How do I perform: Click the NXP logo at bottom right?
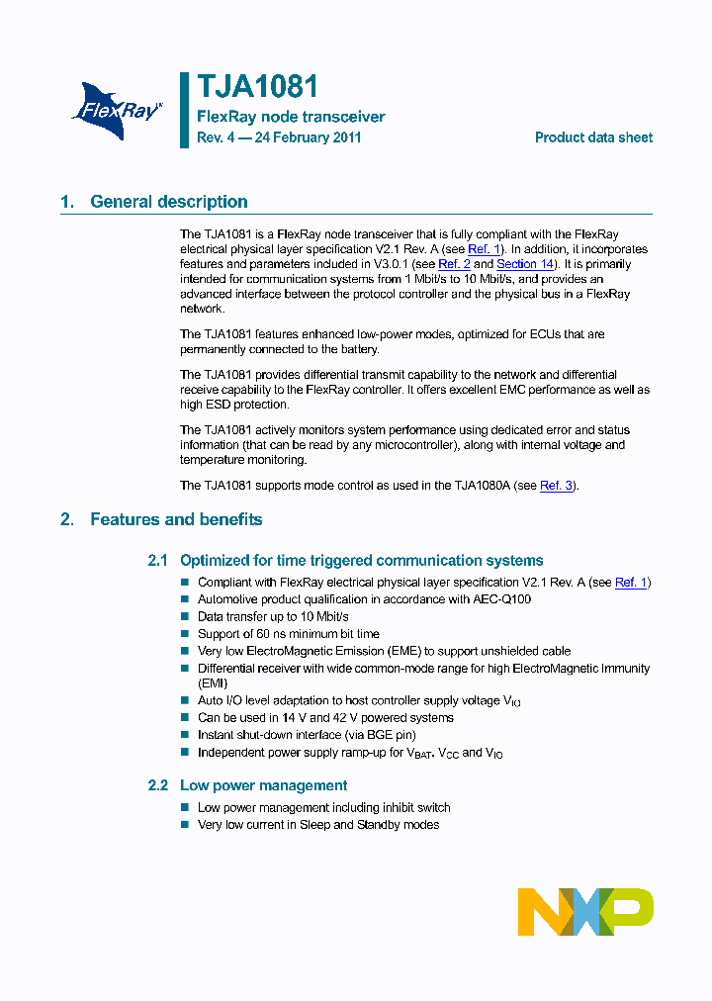point(585,911)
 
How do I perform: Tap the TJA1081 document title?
point(257,87)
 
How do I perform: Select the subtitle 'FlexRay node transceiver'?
point(291,117)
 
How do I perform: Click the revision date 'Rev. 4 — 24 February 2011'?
point(279,137)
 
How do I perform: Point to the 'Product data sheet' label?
point(593,137)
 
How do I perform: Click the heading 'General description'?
point(169,202)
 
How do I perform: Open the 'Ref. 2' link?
point(454,264)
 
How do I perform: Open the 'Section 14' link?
point(524,264)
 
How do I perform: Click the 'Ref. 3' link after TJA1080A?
point(556,486)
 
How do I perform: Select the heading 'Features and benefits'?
point(176,519)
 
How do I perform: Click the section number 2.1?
point(158,561)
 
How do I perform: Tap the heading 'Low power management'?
point(263,785)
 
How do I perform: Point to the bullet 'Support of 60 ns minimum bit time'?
point(288,634)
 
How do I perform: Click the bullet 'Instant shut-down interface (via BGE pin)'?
point(307,735)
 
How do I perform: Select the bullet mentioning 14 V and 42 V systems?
point(325,718)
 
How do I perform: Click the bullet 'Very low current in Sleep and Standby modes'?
point(318,825)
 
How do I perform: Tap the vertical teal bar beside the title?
point(184,110)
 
